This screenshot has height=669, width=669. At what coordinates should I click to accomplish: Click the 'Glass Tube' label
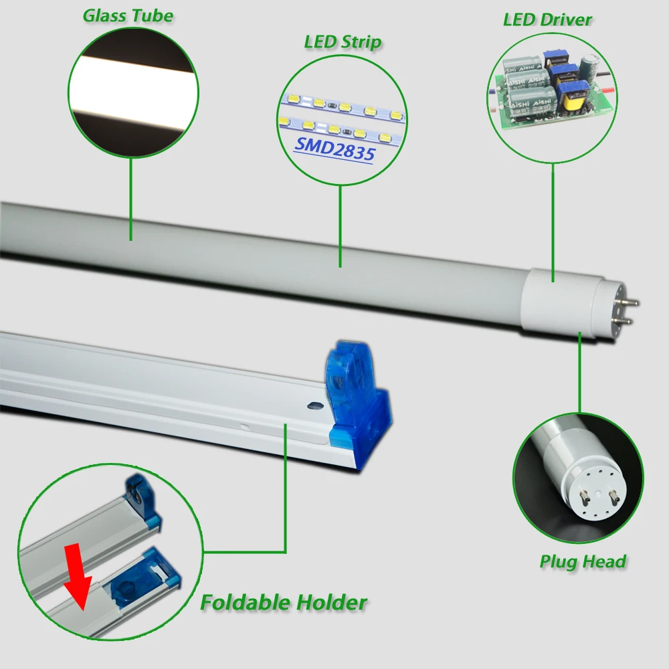128,15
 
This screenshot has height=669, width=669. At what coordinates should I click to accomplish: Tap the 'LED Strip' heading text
343,43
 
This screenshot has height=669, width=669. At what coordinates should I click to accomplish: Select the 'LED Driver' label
547,19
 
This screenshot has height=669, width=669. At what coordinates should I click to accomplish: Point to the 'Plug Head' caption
583,561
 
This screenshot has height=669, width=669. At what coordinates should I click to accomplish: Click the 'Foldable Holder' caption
284,603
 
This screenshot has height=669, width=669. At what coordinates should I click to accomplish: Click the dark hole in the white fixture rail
311,405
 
